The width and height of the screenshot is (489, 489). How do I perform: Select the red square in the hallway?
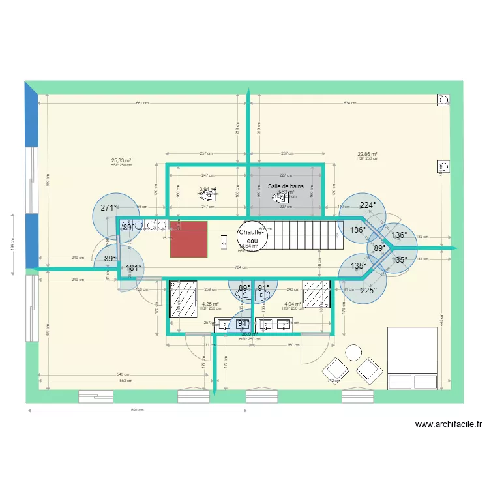189,239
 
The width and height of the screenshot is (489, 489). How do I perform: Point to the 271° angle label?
109,208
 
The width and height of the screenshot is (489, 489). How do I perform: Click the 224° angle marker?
368,205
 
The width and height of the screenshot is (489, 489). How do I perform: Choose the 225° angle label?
368,291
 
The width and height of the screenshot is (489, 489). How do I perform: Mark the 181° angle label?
133,267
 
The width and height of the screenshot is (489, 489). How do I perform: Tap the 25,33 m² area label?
121,160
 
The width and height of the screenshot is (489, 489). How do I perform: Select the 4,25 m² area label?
210,304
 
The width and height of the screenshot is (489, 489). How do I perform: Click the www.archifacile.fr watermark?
449,424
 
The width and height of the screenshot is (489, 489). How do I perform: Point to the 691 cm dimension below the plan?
137,410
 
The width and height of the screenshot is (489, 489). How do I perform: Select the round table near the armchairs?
353,352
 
